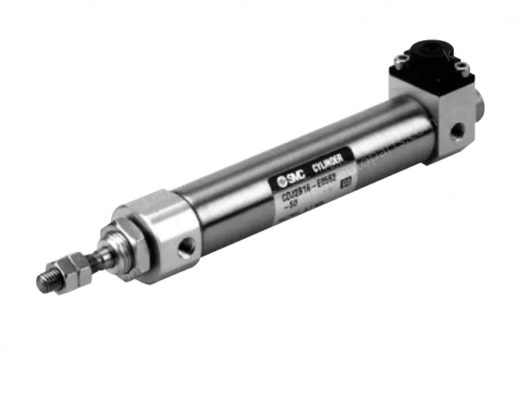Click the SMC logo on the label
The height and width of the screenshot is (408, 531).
point(285,180)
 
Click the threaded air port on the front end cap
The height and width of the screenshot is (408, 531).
point(185,249)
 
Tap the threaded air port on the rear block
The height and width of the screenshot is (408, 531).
point(458,131)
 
